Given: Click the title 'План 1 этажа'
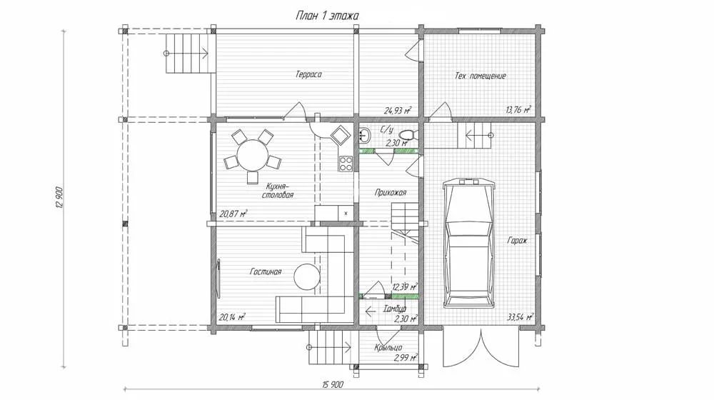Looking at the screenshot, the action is point(327,16).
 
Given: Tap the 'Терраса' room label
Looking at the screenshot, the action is point(308,74).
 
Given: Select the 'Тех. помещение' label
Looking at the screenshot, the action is point(480,76).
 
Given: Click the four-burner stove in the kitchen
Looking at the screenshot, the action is point(346,164).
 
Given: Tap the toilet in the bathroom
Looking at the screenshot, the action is point(408,134).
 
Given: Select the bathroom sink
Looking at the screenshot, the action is point(365,135).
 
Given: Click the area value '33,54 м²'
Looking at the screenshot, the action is point(519,317).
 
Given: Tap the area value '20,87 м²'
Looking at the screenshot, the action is point(233,213).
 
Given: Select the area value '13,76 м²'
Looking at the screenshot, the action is point(518,109).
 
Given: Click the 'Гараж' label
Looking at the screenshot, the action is point(517,240).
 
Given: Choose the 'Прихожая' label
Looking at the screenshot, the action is point(391,193).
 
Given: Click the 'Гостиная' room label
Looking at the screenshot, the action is point(266,271).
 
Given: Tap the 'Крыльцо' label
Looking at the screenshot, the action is point(388,348).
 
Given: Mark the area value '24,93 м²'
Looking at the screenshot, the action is point(398,110).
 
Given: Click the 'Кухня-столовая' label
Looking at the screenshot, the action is point(277,191).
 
